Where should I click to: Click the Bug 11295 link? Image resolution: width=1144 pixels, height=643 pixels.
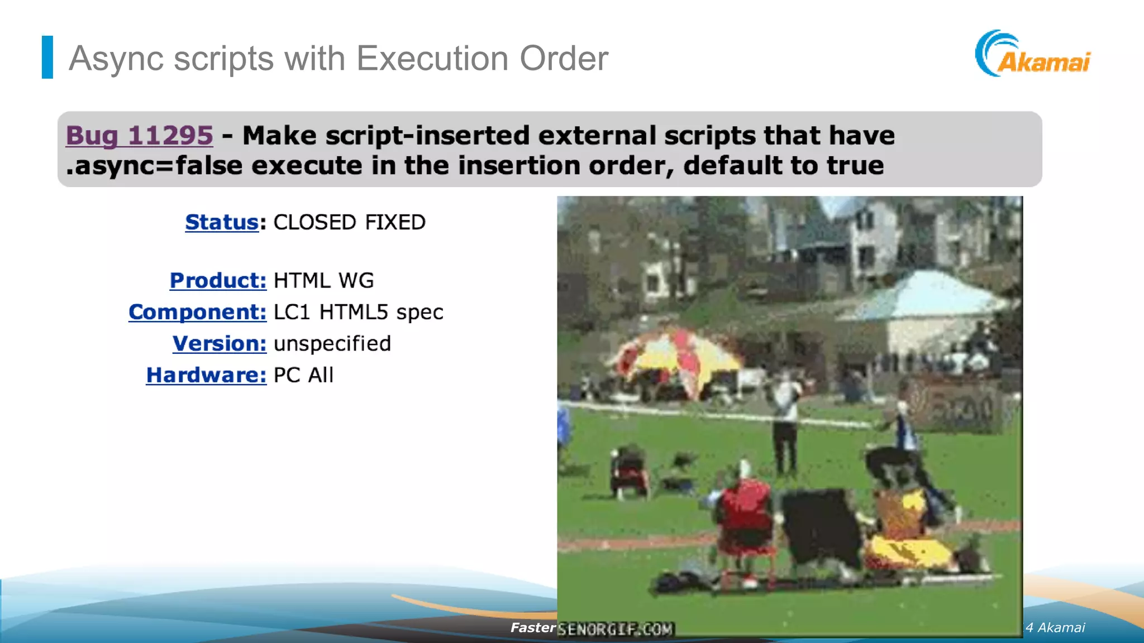139,136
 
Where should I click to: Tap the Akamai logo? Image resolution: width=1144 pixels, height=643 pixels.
1033,55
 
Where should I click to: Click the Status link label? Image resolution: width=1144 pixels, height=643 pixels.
222,222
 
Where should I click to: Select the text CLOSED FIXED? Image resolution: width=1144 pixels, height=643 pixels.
349,222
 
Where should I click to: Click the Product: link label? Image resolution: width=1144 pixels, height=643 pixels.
218,280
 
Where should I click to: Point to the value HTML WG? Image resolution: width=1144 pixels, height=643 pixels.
323,280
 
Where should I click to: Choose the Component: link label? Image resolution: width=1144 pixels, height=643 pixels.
197,312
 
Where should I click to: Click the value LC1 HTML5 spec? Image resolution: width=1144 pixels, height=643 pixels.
358,312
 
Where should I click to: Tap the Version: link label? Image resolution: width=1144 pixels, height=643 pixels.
219,343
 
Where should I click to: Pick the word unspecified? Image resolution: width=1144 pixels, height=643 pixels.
332,343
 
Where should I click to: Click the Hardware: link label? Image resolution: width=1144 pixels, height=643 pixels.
206,375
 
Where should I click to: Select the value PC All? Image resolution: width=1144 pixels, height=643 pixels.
303,375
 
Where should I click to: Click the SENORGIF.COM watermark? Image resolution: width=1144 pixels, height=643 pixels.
616,629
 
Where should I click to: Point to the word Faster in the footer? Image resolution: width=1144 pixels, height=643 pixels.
532,627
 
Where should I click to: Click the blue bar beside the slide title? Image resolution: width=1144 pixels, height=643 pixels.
47,57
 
